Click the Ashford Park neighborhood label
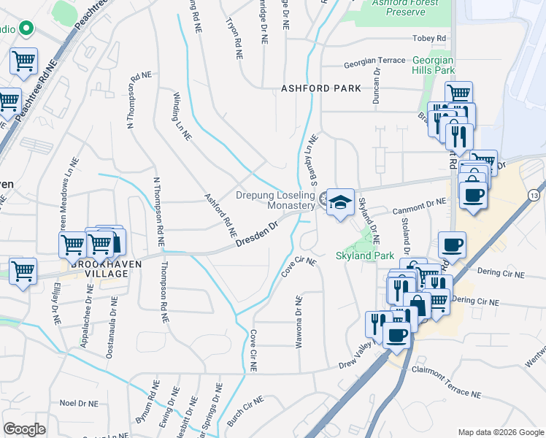point(321,88)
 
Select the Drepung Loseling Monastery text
point(275,201)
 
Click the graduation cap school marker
point(339,202)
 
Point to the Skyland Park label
point(364,255)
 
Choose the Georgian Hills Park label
point(434,65)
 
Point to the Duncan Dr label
point(377,87)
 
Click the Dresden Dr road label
point(258,235)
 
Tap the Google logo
point(24,429)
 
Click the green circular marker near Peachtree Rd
point(26,29)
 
